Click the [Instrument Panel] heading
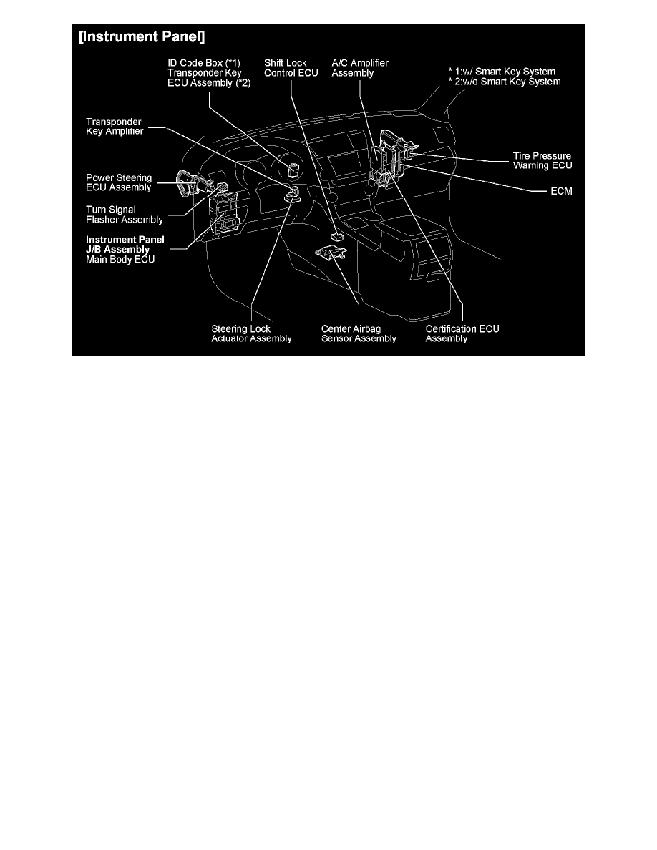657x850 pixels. pyautogui.click(x=142, y=37)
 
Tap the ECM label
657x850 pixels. pyautogui.click(x=561, y=191)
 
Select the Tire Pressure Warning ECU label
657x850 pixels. pyautogui.click(x=542, y=160)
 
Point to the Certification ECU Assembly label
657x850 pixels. pyautogui.click(x=462, y=333)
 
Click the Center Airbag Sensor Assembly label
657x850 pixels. pyautogui.click(x=359, y=333)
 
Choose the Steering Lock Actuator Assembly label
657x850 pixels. pyautogui.click(x=251, y=333)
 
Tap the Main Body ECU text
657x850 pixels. pyautogui.click(x=120, y=260)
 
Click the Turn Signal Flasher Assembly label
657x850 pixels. pyautogui.click(x=124, y=215)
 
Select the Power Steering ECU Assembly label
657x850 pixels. pyautogui.click(x=119, y=182)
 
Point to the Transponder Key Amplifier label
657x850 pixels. pyautogui.click(x=115, y=127)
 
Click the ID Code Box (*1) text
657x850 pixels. pyautogui.click(x=204, y=63)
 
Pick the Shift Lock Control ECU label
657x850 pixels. pyautogui.click(x=291, y=68)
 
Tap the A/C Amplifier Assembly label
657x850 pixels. pyautogui.click(x=360, y=68)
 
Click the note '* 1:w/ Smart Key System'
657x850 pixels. pyautogui.click(x=502, y=72)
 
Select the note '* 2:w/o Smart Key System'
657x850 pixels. pyautogui.click(x=504, y=82)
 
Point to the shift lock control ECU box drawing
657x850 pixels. pyautogui.click(x=336, y=236)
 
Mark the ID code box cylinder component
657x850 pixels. pyautogui.click(x=293, y=170)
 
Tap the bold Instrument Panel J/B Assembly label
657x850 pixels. pyautogui.click(x=125, y=245)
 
